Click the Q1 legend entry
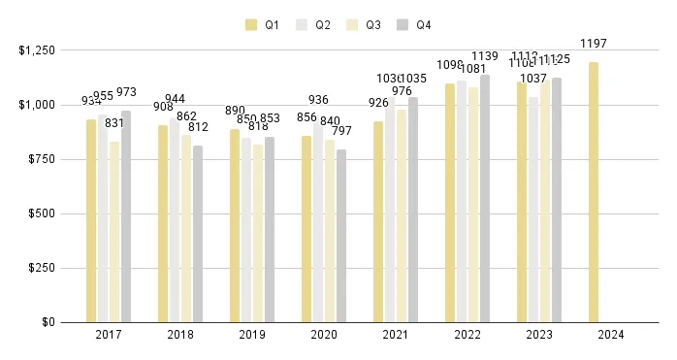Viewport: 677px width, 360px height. pyautogui.click(x=264, y=25)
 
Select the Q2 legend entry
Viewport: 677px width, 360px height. pyautogui.click(x=314, y=25)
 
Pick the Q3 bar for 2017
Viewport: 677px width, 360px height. pyautogui.click(x=114, y=232)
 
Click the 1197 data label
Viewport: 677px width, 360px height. pyautogui.click(x=594, y=44)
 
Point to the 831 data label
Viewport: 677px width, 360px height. pyautogui.click(x=114, y=122)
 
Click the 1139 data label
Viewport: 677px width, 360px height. pyautogui.click(x=485, y=55)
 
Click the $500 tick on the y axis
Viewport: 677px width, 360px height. pyautogui.click(x=44, y=213)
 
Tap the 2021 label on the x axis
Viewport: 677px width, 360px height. pyautogui.click(x=396, y=335)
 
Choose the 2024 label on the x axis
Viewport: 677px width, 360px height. pyautogui.click(x=611, y=335)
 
